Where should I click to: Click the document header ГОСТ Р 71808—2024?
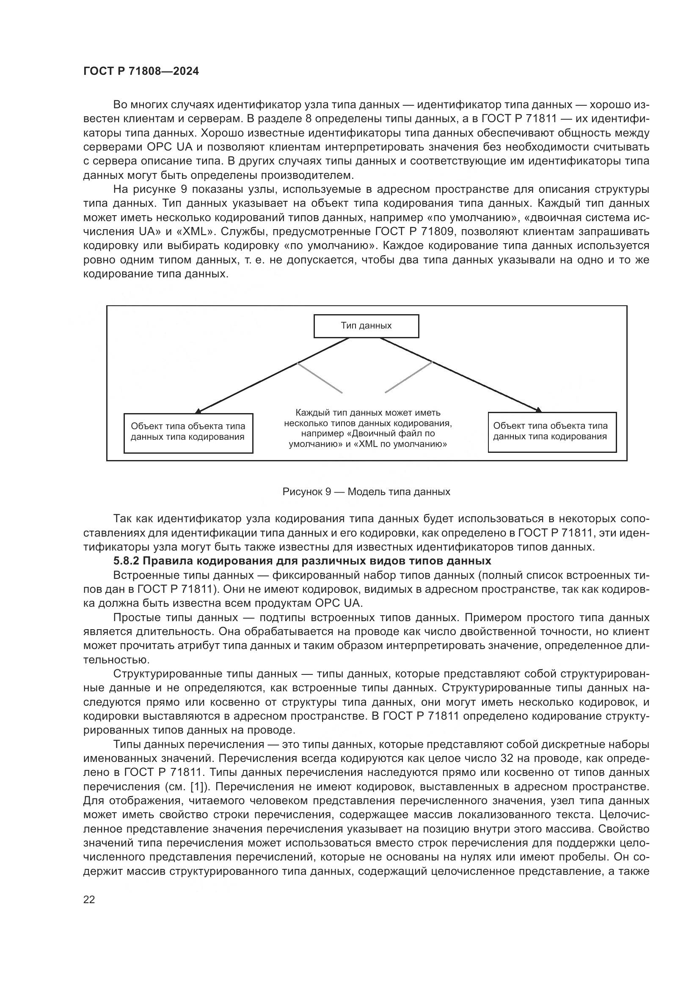(x=141, y=71)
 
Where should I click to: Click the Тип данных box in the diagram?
(x=366, y=326)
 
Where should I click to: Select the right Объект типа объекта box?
(x=552, y=432)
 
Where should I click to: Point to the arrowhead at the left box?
(x=198, y=411)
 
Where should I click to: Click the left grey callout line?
(x=320, y=378)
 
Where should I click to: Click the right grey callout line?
(x=408, y=377)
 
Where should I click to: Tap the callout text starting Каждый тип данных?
(x=368, y=428)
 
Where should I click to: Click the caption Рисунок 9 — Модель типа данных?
(x=366, y=492)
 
